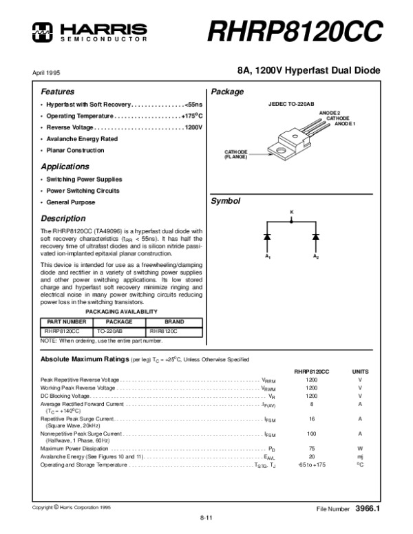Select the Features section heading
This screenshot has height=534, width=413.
58,92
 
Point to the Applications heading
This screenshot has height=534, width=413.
65,167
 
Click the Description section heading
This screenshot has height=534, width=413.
63,218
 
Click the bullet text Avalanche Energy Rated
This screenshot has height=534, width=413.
82,139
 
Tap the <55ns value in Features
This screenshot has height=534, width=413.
193,105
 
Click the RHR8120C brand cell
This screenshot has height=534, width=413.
164,331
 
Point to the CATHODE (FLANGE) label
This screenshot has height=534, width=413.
236,154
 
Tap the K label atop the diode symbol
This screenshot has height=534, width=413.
291,211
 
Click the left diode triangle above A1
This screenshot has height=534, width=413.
266,236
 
